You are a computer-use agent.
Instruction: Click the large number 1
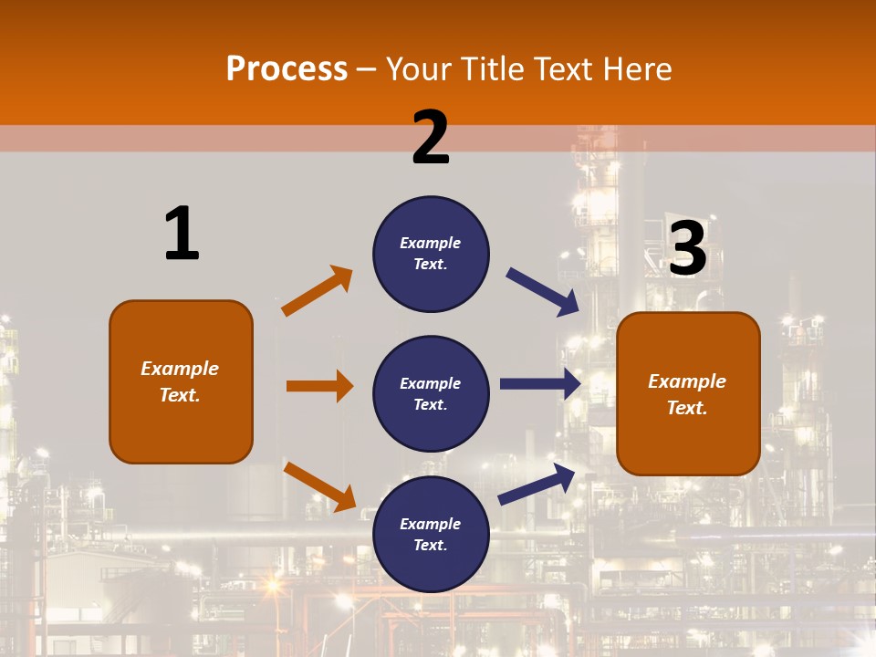(x=182, y=235)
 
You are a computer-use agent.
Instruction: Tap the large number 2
(x=431, y=138)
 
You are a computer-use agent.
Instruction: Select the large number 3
(x=687, y=248)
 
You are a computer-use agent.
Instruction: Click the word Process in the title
(x=287, y=68)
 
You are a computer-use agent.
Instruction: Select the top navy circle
(x=431, y=254)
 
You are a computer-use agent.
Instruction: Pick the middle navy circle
(x=431, y=393)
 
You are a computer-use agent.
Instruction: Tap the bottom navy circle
(x=431, y=534)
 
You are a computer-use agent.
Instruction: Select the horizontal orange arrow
(x=319, y=386)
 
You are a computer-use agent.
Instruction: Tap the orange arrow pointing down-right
(x=320, y=486)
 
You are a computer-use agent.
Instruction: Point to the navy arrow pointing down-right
(x=543, y=292)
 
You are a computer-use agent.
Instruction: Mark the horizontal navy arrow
(x=540, y=383)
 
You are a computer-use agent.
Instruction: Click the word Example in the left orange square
(x=180, y=369)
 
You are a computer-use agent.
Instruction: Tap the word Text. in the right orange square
(x=687, y=408)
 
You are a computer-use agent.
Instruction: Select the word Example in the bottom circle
(x=431, y=524)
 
